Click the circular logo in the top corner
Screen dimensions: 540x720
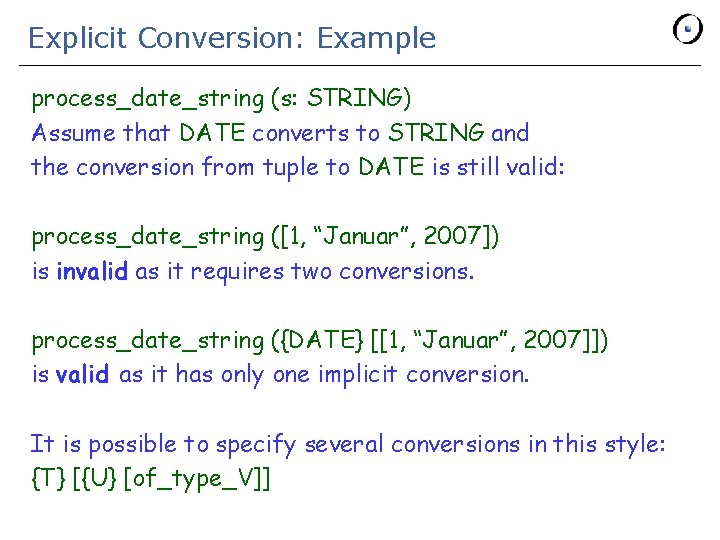click(x=688, y=29)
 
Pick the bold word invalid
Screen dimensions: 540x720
click(x=91, y=270)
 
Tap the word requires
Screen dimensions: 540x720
click(x=236, y=270)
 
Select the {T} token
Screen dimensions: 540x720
click(x=48, y=478)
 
